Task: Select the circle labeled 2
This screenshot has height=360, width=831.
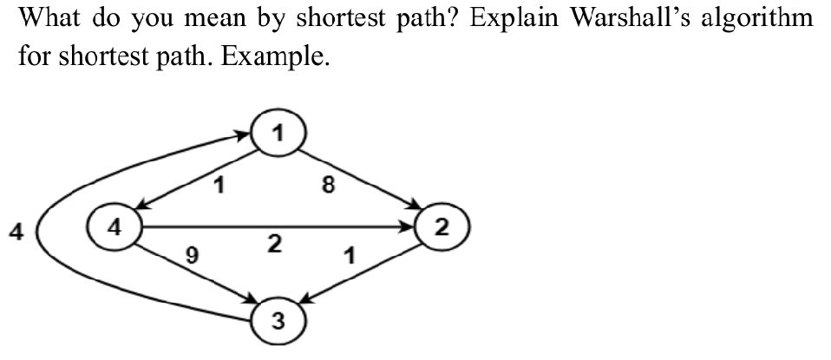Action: pos(442,228)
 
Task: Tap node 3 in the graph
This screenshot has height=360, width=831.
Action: pos(277,322)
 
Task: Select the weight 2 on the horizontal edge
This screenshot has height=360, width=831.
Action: pos(274,245)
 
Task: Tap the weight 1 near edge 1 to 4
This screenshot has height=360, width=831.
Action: pos(220,184)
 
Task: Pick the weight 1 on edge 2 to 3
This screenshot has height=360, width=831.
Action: pos(349,257)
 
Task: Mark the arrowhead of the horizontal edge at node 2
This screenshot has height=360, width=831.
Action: pos(411,228)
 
